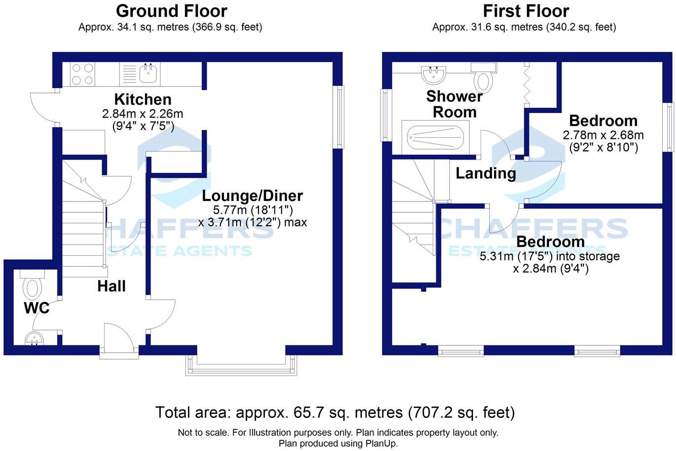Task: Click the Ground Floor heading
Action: point(171,11)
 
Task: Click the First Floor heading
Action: point(526,11)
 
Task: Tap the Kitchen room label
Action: point(143,99)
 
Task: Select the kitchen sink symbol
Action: point(149,75)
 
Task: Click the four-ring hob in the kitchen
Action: point(82,75)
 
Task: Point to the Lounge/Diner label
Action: point(253,196)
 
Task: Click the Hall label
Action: point(111,286)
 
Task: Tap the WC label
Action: point(37,308)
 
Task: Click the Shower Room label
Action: point(454,104)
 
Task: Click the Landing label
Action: point(486,173)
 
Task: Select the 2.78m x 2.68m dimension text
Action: point(603,135)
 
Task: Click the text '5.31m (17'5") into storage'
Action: point(549,256)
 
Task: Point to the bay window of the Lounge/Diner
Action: point(242,366)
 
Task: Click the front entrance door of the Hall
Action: point(119,341)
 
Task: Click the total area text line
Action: point(335,412)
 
